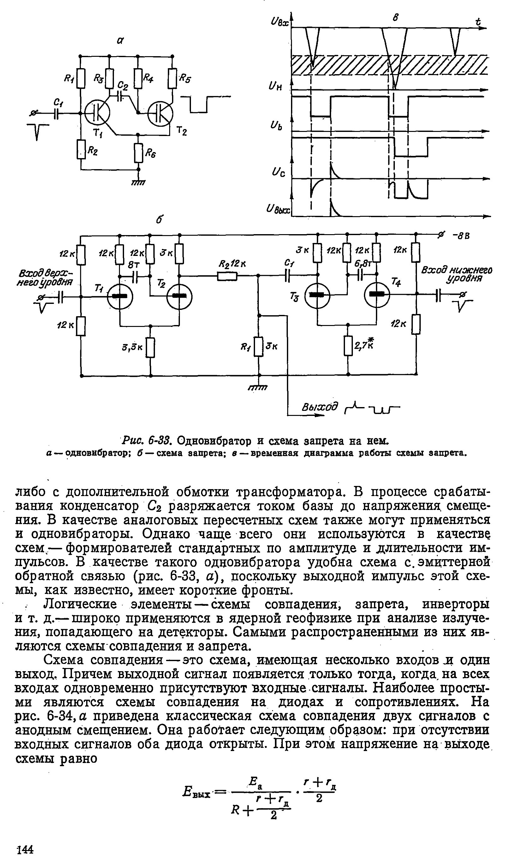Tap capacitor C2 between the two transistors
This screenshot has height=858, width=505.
pyautogui.click(x=120, y=96)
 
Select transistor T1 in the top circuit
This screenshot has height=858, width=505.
pyautogui.click(x=97, y=113)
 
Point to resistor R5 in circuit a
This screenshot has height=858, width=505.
pyautogui.click(x=173, y=79)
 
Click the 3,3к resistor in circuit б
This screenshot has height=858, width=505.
pyautogui.click(x=151, y=348)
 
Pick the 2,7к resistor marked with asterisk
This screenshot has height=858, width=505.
pyautogui.click(x=348, y=346)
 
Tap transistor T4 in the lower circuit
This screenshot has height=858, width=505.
pyautogui.click(x=377, y=294)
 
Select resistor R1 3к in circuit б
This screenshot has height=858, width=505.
pyautogui.click(x=259, y=346)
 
